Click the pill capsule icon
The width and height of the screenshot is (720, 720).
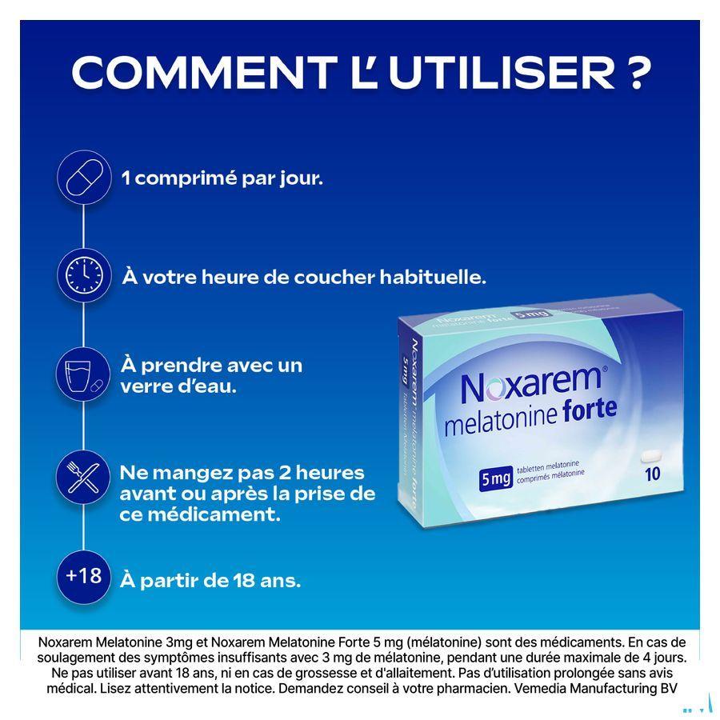(84, 178)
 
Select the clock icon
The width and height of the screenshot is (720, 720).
(84, 276)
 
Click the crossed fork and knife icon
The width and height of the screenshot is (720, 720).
(84, 476)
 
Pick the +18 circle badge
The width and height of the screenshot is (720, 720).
(84, 575)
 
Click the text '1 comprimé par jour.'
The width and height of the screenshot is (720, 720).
(222, 178)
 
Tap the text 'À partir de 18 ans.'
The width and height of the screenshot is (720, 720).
(210, 580)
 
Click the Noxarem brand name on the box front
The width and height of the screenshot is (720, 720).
(529, 383)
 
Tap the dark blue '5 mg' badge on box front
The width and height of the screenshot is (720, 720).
(496, 479)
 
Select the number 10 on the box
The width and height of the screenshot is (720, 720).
(652, 474)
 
